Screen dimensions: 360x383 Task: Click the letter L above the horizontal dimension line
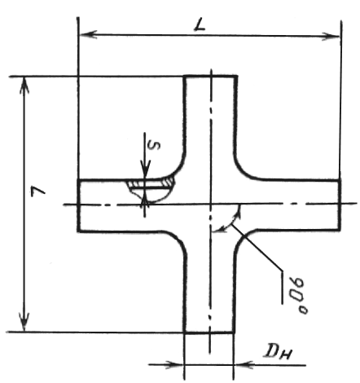pyautogui.click(x=200, y=25)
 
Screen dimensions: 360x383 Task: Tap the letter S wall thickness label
pyautogui.click(x=154, y=146)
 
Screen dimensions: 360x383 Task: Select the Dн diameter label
pyautogui.click(x=279, y=352)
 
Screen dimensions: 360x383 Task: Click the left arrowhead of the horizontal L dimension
pyautogui.click(x=88, y=34)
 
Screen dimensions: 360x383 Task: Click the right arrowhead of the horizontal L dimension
pyautogui.click(x=331, y=36)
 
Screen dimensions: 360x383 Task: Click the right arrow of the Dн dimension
pyautogui.click(x=243, y=365)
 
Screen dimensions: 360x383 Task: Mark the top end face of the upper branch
pyautogui.click(x=211, y=77)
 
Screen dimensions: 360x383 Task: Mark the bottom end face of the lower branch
pyautogui.click(x=209, y=332)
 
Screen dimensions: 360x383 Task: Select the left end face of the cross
pyautogui.click(x=78, y=205)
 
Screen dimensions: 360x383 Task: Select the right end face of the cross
pyautogui.click(x=340, y=205)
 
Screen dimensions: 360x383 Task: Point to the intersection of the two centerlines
pyautogui.click(x=210, y=204)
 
